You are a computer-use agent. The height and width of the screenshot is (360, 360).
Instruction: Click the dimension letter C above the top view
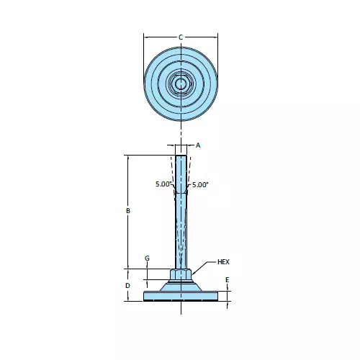tap(181, 37)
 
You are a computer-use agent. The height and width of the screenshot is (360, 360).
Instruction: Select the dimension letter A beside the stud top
tap(198, 145)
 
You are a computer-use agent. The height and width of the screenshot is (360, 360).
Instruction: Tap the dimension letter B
tap(128, 211)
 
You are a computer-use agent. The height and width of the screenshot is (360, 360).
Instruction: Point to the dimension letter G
tap(147, 258)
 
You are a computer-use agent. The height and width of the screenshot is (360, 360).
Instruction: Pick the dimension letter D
tap(128, 285)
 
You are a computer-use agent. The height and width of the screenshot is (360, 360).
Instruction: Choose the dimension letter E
tap(228, 279)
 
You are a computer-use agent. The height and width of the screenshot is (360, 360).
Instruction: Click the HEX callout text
tap(223, 262)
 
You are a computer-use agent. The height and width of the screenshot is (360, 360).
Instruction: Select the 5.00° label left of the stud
tap(163, 185)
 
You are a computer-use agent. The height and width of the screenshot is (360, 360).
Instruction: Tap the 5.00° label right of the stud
tap(200, 185)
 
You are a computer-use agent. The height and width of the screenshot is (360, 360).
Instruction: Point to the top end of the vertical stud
tap(181, 157)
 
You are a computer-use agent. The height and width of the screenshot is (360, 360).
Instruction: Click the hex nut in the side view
tap(181, 274)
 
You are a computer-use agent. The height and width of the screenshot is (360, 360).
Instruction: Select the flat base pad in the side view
tap(181, 296)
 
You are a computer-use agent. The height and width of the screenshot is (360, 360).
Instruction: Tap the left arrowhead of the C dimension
tap(146, 37)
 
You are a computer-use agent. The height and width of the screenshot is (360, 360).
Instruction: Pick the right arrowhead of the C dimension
tap(215, 37)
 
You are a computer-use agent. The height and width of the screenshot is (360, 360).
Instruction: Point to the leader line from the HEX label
tap(203, 266)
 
